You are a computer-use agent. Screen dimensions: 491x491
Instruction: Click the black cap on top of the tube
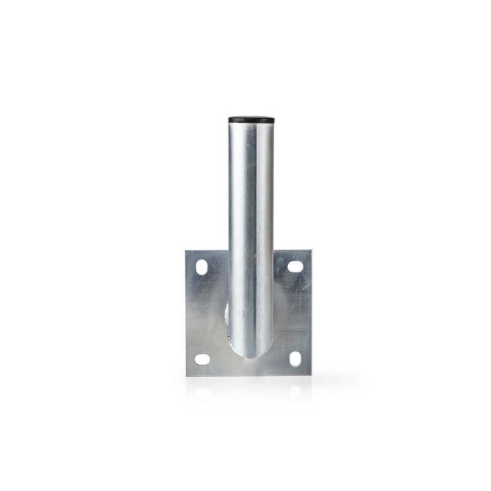coord(251,120)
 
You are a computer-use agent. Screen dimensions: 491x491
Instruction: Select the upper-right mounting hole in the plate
coord(295,266)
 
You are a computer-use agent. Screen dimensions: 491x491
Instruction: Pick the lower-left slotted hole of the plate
coord(202,359)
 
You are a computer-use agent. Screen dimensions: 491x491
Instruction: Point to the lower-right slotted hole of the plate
coord(295,359)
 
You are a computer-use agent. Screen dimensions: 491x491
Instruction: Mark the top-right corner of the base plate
coord(311,249)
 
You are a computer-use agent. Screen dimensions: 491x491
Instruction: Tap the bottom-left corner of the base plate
coord(187,376)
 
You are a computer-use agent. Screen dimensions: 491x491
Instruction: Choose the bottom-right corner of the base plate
coord(311,375)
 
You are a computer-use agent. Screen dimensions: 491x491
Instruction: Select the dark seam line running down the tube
coord(251,213)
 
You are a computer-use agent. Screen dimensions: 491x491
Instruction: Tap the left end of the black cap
coord(230,120)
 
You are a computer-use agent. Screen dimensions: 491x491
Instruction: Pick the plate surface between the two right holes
coord(295,313)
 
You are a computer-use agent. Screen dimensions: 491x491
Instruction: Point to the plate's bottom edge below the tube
coord(251,375)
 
